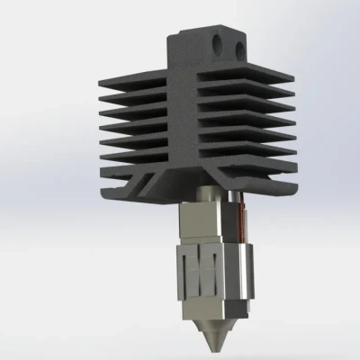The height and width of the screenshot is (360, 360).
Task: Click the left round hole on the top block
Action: (x=216, y=42)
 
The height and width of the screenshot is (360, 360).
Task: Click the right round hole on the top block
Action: (x=238, y=43)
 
